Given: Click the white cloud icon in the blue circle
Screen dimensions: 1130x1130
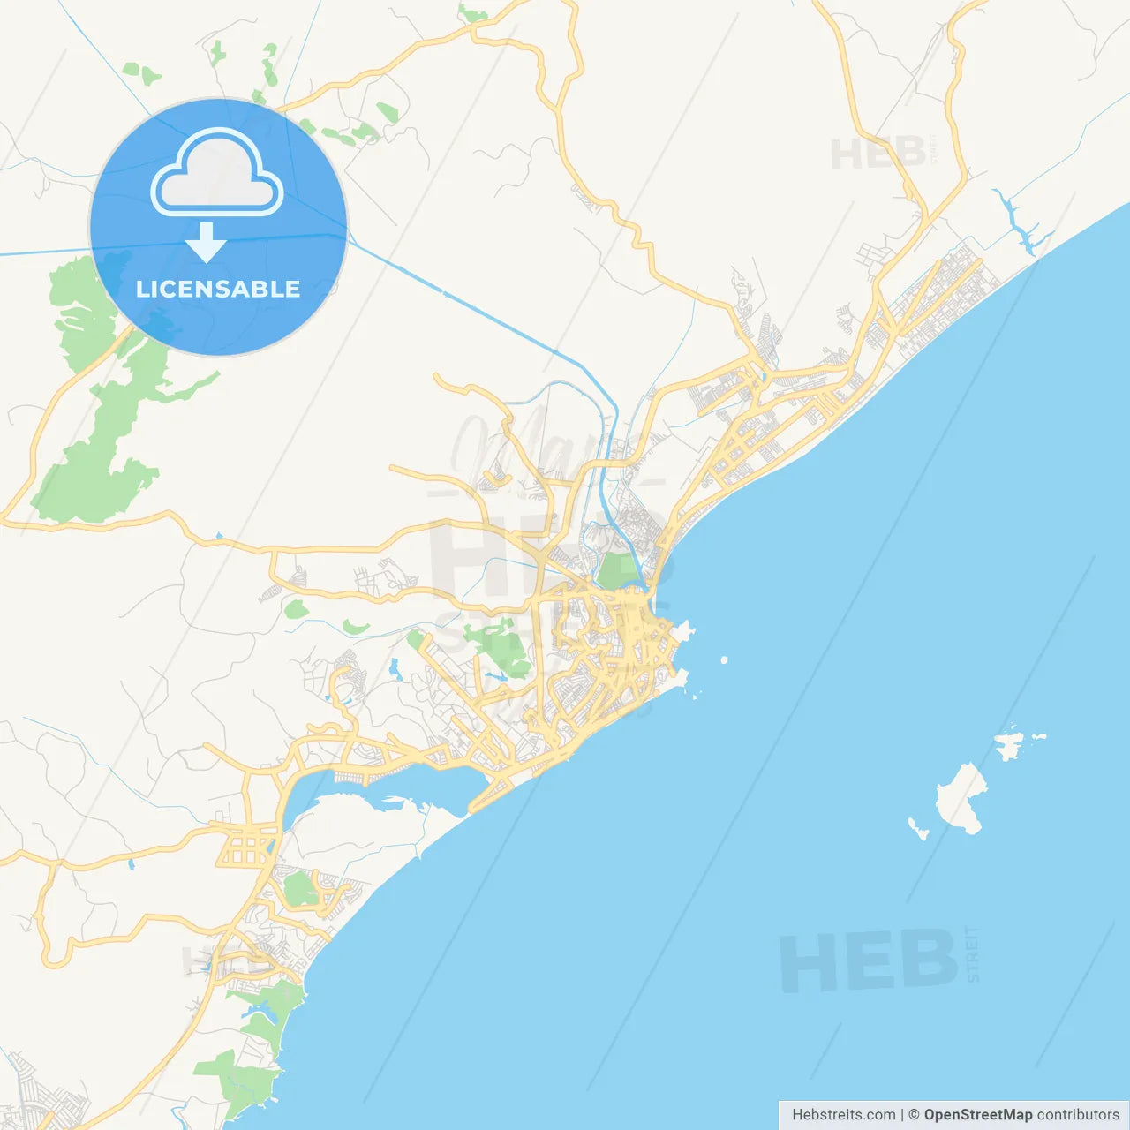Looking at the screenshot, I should (217, 174).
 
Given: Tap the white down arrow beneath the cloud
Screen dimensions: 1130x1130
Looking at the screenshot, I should (206, 243).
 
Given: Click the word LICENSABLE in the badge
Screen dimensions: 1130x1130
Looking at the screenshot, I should (218, 289).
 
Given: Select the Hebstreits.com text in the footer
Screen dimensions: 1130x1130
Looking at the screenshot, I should (843, 1115).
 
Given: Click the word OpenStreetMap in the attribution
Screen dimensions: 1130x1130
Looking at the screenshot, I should (978, 1115).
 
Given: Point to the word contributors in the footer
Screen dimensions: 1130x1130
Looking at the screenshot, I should (1078, 1115).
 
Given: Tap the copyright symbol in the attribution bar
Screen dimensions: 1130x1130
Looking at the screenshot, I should (914, 1115).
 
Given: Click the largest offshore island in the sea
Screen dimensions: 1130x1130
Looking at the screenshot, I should (960, 800).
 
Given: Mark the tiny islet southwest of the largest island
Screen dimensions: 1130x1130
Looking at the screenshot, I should (918, 829).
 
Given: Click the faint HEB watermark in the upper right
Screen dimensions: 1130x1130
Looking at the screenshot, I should (878, 154).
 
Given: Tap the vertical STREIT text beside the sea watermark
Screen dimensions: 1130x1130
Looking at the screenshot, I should (973, 953).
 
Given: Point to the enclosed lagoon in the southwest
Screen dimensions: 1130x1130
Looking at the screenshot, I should (388, 786).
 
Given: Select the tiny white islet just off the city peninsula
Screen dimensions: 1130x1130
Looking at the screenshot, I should (724, 659).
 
